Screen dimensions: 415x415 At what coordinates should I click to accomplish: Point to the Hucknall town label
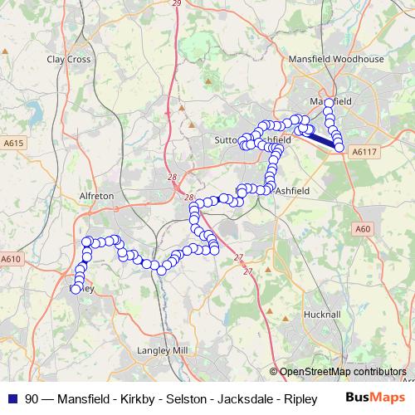click(x=322, y=315)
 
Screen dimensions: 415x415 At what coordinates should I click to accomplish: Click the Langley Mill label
click(x=167, y=351)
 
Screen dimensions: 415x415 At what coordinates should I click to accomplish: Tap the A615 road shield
click(x=11, y=144)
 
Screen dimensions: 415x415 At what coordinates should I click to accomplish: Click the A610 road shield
click(x=11, y=259)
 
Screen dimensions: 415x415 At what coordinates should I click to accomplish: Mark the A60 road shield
click(x=362, y=228)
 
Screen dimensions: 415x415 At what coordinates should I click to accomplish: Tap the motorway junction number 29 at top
click(x=176, y=3)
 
